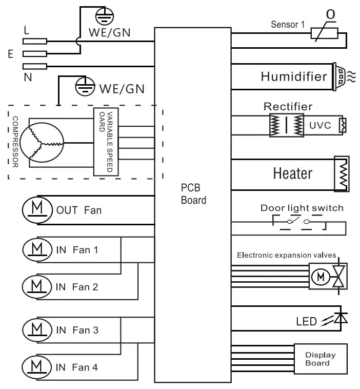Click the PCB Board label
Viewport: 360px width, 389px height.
(193, 194)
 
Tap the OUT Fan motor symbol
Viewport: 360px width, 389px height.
(37, 209)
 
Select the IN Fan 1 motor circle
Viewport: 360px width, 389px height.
(37, 249)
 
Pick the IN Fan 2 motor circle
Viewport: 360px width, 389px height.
(37, 286)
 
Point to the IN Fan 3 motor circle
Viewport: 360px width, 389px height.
(37, 329)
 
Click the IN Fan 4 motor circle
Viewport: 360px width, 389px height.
(37, 366)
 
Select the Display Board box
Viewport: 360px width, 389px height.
(320, 359)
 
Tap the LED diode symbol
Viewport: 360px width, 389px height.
(339, 318)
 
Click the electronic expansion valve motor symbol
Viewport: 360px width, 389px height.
(321, 277)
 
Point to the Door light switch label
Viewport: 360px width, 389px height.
(302, 208)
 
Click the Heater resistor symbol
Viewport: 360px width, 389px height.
(341, 173)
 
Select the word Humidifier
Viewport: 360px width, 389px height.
(293, 77)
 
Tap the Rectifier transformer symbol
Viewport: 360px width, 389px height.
(287, 125)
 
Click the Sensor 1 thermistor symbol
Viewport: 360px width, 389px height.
(325, 34)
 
